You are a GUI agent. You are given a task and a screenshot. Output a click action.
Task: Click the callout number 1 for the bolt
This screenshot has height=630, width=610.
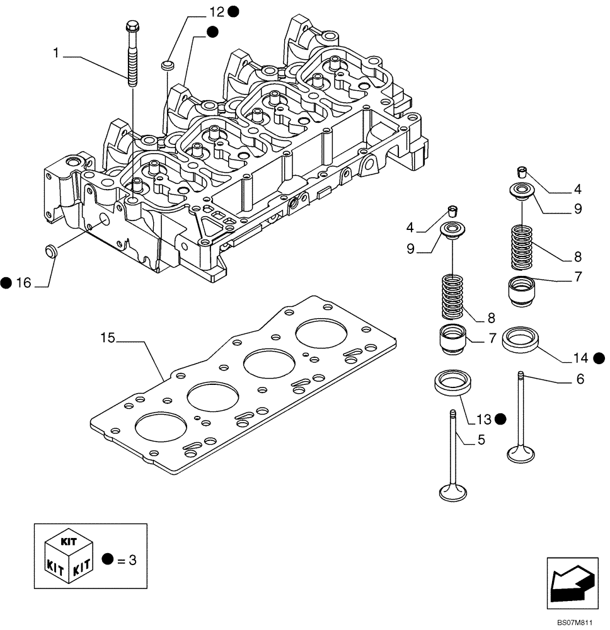click(56, 55)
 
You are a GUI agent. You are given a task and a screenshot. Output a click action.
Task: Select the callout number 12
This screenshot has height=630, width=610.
click(217, 11)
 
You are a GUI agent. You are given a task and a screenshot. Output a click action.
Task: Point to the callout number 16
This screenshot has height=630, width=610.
click(23, 283)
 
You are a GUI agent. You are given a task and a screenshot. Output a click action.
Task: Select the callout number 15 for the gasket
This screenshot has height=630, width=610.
click(108, 338)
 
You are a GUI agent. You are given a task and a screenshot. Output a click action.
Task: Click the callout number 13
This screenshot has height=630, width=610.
click(483, 418)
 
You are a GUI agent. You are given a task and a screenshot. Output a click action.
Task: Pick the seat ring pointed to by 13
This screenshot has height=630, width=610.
click(451, 382)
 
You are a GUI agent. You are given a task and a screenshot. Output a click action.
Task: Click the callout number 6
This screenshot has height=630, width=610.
click(580, 379)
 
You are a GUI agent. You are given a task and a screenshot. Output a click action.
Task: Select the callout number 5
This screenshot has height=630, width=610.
click(481, 440)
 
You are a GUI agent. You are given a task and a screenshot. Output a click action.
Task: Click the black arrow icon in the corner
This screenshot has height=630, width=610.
click(570, 580)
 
